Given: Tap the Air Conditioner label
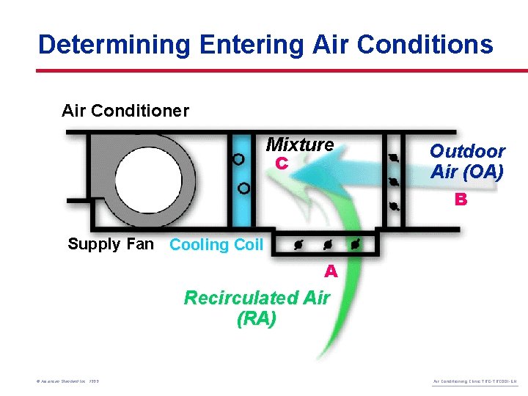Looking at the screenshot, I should pyautogui.click(x=125, y=111).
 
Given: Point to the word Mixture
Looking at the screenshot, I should pyautogui.click(x=299, y=144).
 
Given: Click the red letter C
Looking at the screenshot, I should pyautogui.click(x=281, y=164).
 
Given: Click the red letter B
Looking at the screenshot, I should pyautogui.click(x=461, y=199).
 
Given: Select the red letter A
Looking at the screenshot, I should pyautogui.click(x=331, y=271).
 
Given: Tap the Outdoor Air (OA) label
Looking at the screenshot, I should pyautogui.click(x=466, y=161).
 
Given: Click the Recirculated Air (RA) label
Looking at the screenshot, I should pyautogui.click(x=257, y=308).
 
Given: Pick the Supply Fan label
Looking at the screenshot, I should pyautogui.click(x=111, y=244).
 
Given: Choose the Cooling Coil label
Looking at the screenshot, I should pyautogui.click(x=216, y=245).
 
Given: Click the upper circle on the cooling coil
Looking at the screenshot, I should pyautogui.click(x=238, y=158).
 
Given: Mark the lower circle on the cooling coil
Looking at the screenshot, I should pyautogui.click(x=243, y=188).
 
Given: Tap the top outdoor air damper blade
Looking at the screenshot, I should pyautogui.click(x=393, y=157).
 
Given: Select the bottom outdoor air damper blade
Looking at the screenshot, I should pyautogui.click(x=394, y=206).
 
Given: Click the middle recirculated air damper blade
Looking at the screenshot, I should pyautogui.click(x=325, y=243).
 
